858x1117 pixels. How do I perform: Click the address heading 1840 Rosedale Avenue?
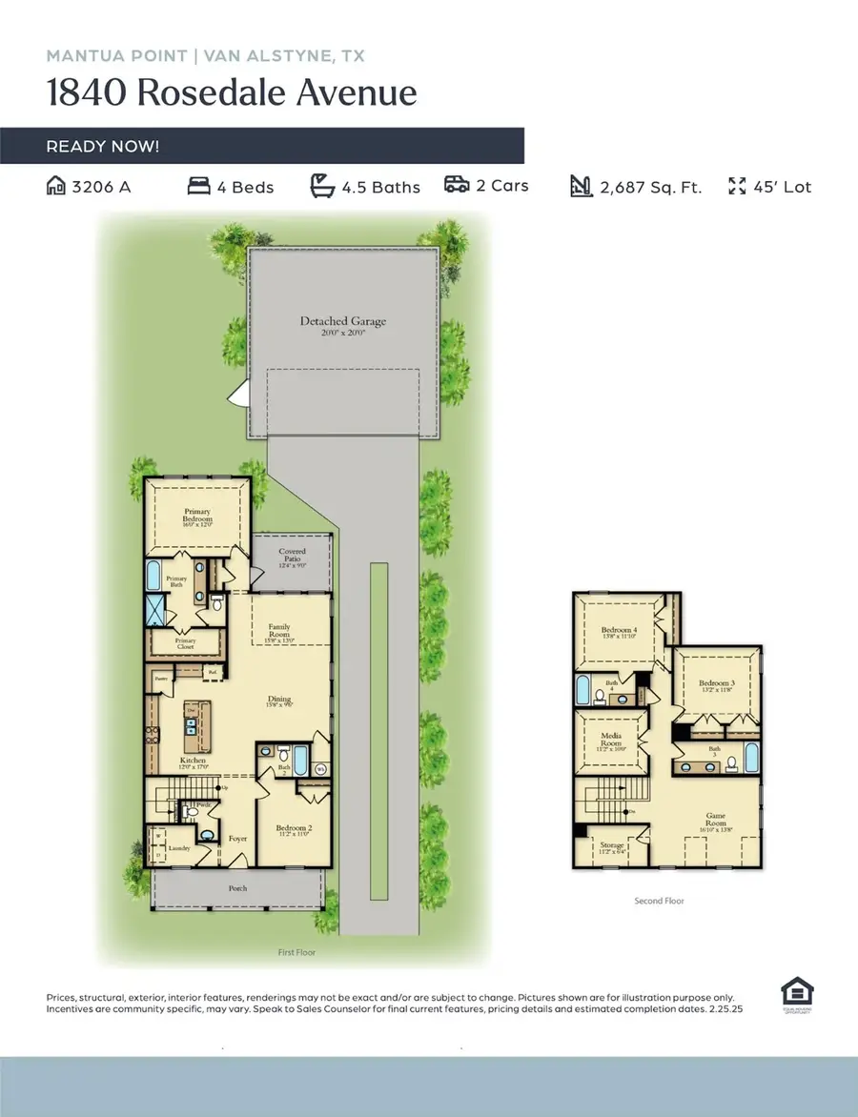point(232,93)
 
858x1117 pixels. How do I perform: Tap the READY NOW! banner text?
point(103,147)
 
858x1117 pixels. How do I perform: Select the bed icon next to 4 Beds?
point(198,187)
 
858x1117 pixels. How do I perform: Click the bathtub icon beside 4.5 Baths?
point(323,186)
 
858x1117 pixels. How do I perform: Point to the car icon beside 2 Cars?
point(457,185)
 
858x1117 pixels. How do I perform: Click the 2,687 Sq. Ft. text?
point(650,187)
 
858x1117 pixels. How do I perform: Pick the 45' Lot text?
point(782,187)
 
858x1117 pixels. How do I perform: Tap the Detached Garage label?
point(343,322)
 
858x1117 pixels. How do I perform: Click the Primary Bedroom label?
point(197,516)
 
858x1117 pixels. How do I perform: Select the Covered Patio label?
point(292,557)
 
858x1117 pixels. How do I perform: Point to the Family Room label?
point(278,631)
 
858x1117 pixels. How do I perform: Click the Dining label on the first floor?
point(278,699)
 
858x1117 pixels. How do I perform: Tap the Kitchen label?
point(194,761)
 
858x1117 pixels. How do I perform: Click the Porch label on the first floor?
point(237,888)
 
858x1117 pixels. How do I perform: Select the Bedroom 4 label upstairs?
point(618,631)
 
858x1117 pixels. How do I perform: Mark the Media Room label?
point(610,740)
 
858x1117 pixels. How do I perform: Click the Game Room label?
point(715,819)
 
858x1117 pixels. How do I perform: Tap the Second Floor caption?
point(659,901)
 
